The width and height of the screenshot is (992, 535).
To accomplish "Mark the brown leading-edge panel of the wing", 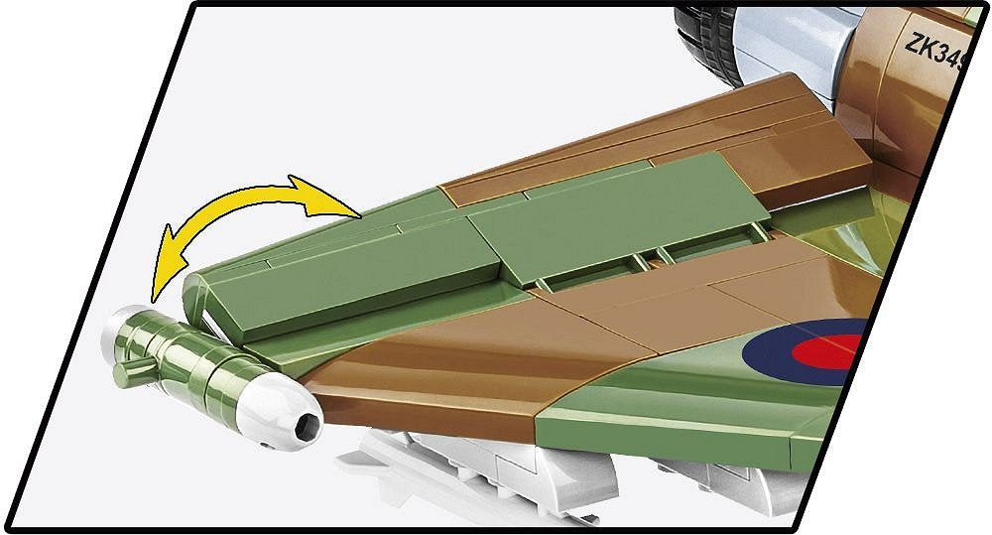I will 417,382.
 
